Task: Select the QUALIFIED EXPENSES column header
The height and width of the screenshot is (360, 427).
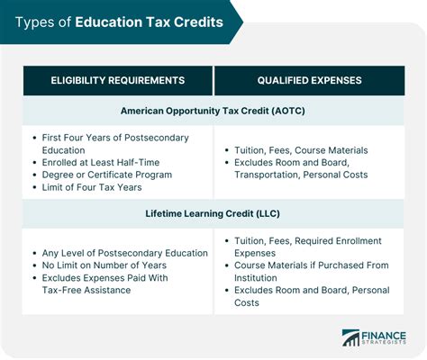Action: tap(309, 80)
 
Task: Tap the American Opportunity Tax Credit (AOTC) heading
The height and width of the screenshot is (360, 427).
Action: tap(213, 111)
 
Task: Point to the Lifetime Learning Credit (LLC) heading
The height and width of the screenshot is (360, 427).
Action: tap(213, 214)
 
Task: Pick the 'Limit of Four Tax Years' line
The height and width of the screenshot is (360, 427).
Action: tap(94, 187)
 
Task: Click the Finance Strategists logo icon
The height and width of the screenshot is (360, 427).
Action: tap(350, 338)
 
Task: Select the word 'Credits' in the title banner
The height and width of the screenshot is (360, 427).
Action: tap(198, 22)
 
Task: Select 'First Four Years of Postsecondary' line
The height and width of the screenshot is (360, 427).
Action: tap(116, 137)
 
